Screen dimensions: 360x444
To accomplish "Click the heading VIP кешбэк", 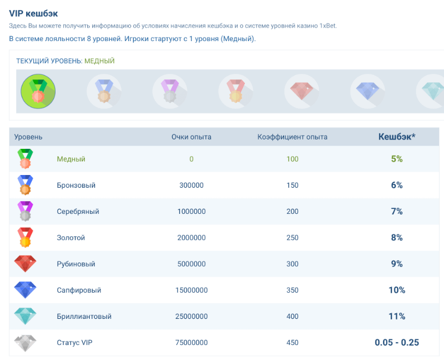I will [33, 13].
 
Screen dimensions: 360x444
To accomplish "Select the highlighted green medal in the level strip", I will [38, 91].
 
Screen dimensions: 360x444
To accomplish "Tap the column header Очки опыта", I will [191, 137].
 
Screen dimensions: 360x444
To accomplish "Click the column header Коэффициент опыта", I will [292, 137].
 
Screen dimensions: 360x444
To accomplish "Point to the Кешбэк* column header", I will [396, 137].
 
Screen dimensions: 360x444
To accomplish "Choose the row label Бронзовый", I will [76, 185].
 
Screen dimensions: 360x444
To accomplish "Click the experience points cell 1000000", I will [191, 212].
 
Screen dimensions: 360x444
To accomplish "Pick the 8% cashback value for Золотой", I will [396, 238].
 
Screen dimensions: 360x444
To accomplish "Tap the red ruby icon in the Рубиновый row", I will [25, 264].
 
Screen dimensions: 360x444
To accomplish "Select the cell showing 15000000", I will [191, 290].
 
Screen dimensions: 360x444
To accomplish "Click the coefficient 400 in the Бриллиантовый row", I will [292, 316].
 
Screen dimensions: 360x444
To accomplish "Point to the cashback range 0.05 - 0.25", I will [396, 343].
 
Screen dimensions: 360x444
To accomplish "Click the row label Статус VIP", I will [74, 343].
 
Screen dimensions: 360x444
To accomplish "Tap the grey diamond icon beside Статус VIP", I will [25, 343].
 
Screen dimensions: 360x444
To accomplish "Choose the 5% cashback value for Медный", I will [396, 159].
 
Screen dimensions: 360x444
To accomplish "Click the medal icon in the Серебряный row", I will [25, 212].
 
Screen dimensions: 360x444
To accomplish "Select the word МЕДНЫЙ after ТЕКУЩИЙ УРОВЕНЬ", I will [99, 61].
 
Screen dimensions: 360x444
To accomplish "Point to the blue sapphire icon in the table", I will [25, 290].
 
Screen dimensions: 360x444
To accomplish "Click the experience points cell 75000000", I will [191, 343].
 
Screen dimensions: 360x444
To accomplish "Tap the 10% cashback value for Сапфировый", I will [396, 290].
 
